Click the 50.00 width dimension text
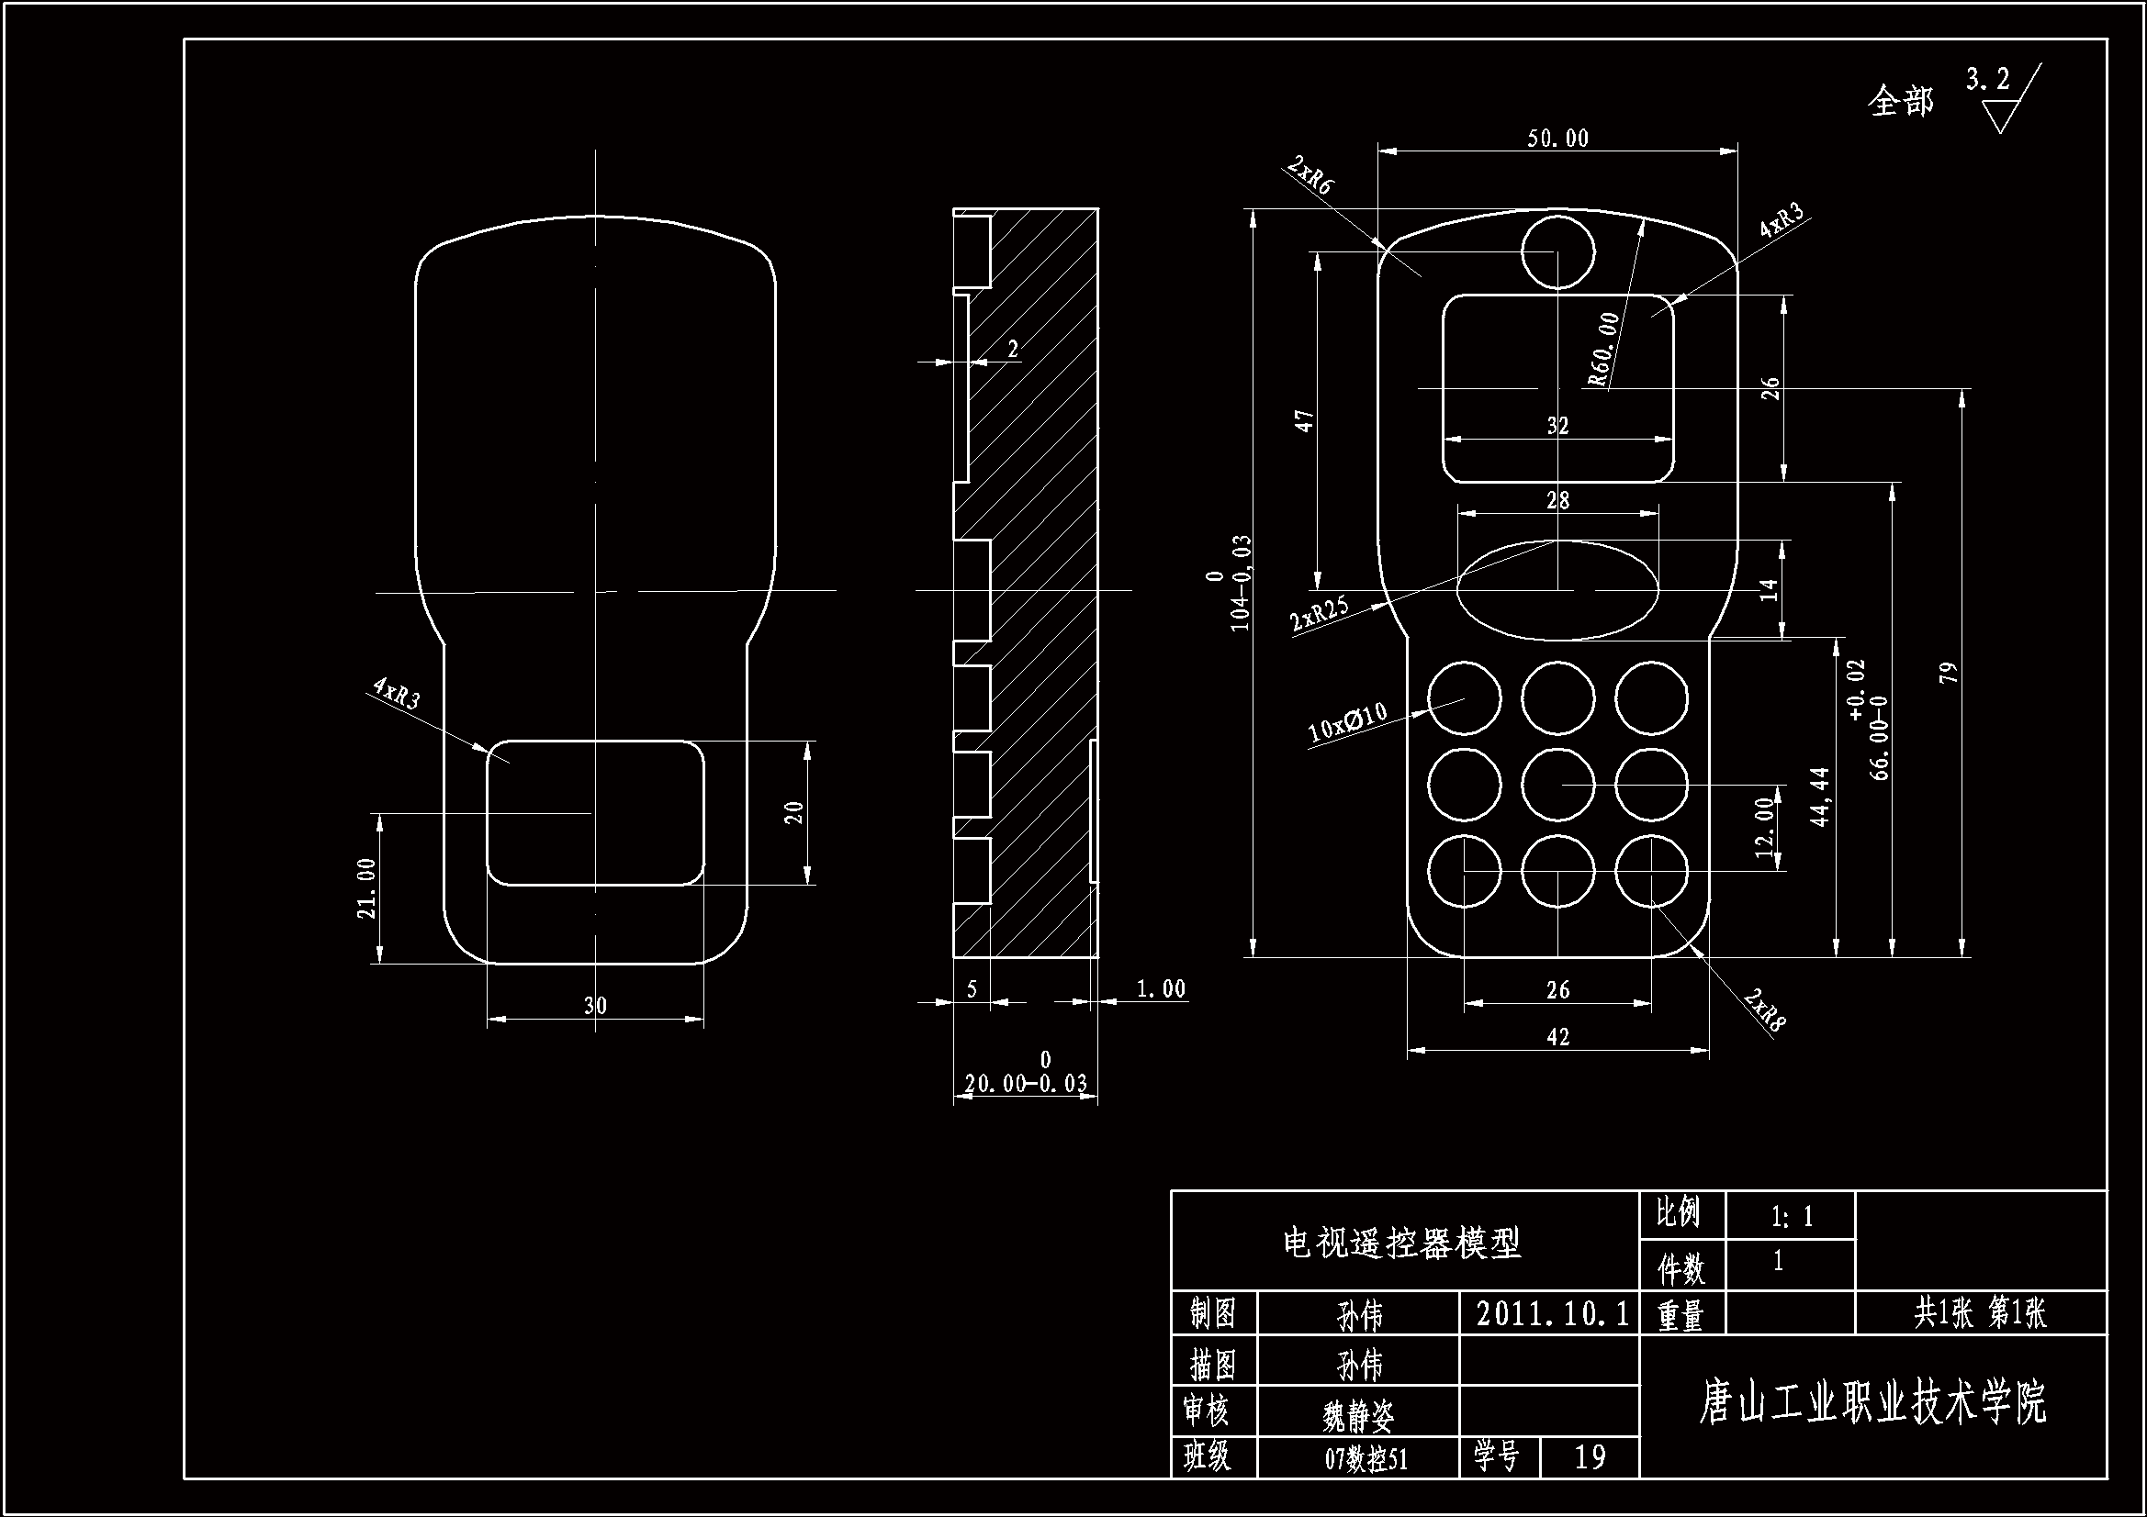(1557, 139)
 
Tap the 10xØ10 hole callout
(1346, 723)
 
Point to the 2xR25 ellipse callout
(1320, 614)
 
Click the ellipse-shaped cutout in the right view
(1557, 590)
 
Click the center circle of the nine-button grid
(1557, 785)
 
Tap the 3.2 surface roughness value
(1987, 80)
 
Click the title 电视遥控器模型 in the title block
(1402, 1244)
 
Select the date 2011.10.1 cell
(1551, 1314)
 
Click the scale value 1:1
(1792, 1216)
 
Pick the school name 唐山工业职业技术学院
(1872, 1403)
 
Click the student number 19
(1590, 1457)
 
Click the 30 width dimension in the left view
(595, 1006)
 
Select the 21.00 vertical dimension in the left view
(366, 888)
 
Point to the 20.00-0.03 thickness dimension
(1026, 1083)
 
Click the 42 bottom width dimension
(1557, 1036)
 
